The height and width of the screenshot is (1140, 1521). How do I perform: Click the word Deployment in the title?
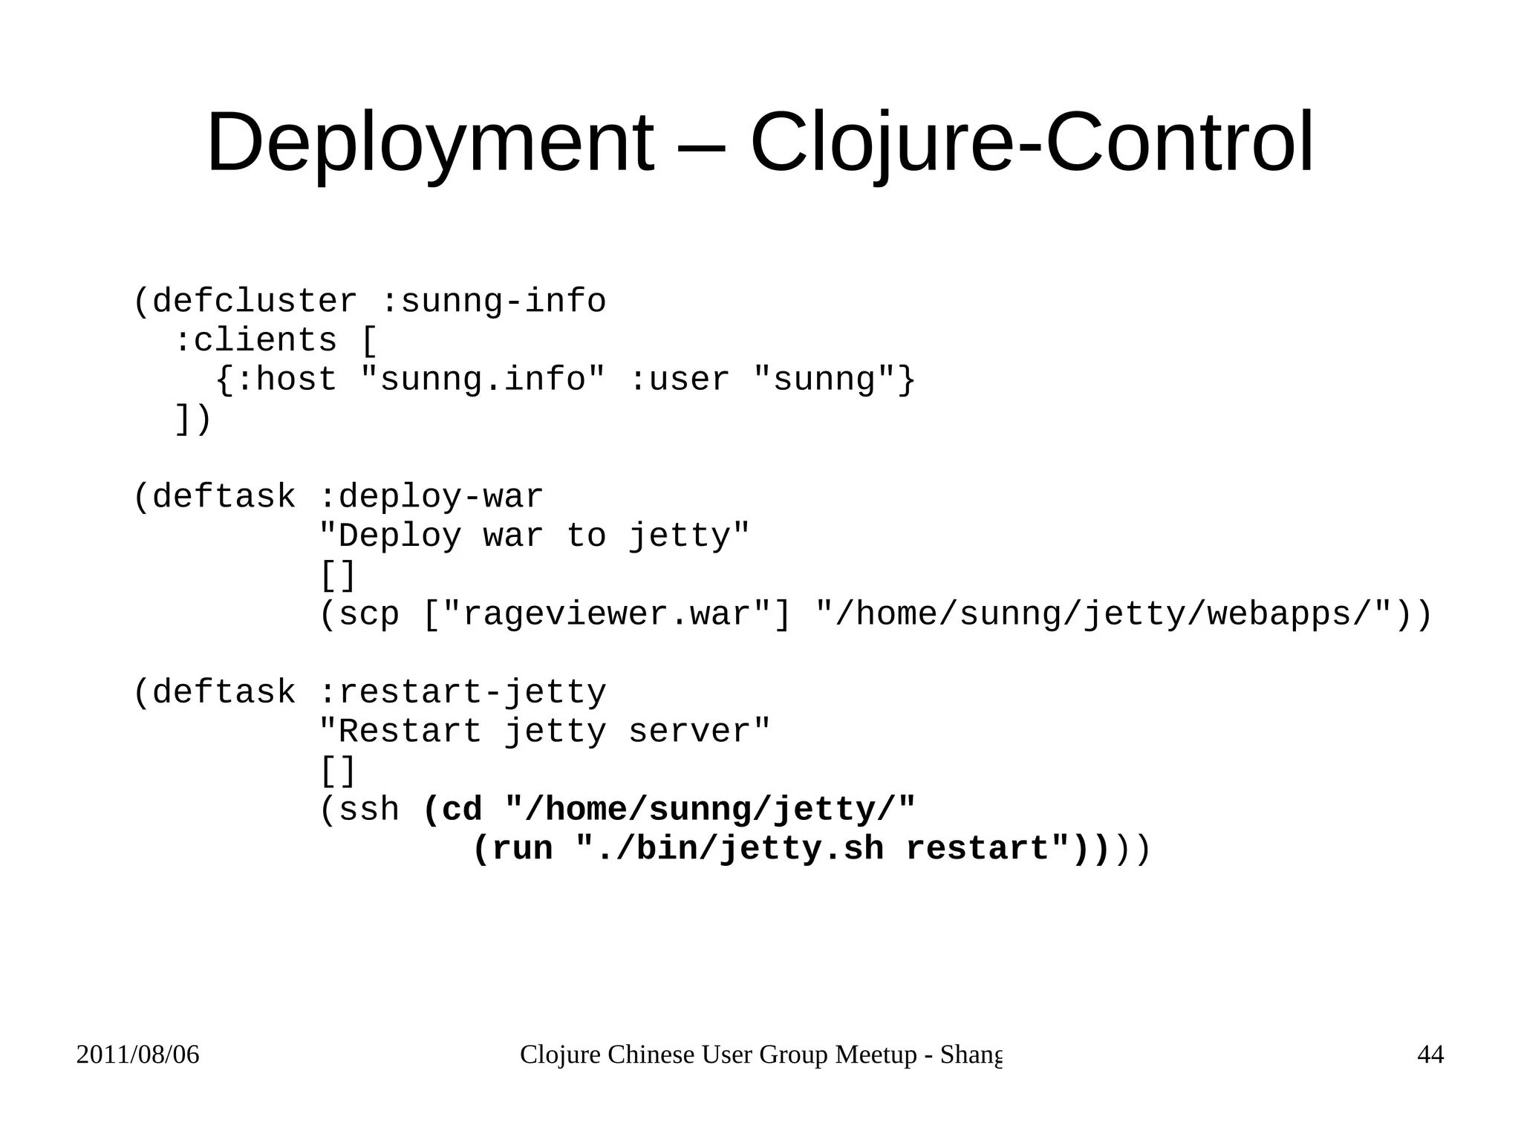(430, 143)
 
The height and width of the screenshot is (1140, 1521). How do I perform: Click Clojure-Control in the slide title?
(1032, 143)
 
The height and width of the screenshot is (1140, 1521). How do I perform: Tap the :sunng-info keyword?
(493, 302)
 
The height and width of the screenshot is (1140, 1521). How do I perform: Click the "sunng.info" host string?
(483, 380)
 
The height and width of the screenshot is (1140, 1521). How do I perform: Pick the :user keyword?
(679, 380)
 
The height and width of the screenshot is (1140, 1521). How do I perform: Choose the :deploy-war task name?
(431, 497)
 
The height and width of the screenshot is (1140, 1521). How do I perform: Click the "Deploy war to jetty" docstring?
(534, 535)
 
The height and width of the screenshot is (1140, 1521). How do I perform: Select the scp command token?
(368, 614)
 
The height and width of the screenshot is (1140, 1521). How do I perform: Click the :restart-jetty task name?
(462, 692)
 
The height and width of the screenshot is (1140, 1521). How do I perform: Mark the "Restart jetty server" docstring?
(544, 732)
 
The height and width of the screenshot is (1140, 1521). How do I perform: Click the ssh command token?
(368, 810)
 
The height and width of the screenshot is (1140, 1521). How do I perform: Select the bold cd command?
(461, 810)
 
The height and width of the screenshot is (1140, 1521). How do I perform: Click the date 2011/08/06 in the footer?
(138, 1055)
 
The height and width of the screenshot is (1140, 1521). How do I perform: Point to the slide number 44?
(1430, 1055)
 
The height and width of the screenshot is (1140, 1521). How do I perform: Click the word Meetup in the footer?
(876, 1055)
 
